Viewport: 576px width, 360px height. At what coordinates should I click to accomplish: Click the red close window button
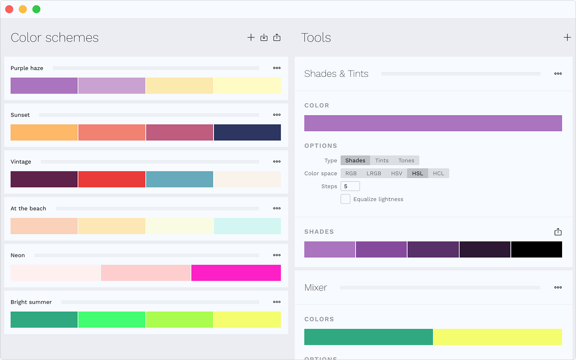pos(9,9)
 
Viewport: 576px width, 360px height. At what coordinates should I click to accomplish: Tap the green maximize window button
pos(36,9)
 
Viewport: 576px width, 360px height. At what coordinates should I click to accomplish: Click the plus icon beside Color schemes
pos(251,37)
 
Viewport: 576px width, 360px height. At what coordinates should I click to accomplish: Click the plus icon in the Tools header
pos(567,37)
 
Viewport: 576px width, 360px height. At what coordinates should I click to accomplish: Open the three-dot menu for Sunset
pos(276,115)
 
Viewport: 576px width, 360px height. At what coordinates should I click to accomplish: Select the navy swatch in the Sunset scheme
pos(247,132)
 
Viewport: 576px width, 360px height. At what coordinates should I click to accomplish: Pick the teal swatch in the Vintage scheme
pos(180,179)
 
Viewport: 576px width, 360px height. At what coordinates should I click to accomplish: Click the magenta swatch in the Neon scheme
pos(236,273)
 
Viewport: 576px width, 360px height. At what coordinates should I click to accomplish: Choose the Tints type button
pos(382,160)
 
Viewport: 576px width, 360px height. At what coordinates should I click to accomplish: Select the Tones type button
pos(406,160)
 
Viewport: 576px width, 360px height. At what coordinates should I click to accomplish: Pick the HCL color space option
pos(438,173)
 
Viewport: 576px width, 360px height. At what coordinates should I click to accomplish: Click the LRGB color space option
pos(374,173)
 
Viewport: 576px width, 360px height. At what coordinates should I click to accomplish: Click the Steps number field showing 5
pos(350,186)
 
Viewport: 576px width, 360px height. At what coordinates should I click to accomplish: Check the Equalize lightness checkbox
pos(345,199)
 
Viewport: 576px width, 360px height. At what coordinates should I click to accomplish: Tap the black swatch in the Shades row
pos(536,250)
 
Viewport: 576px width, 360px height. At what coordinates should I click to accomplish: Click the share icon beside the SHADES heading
pos(558,232)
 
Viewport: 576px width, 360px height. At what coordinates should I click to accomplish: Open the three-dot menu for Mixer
pos(558,288)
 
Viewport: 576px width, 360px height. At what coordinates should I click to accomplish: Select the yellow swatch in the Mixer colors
pos(498,337)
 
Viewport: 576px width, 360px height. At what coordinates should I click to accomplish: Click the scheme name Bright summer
pos(31,302)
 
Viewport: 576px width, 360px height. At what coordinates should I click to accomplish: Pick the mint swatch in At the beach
pos(247,226)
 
